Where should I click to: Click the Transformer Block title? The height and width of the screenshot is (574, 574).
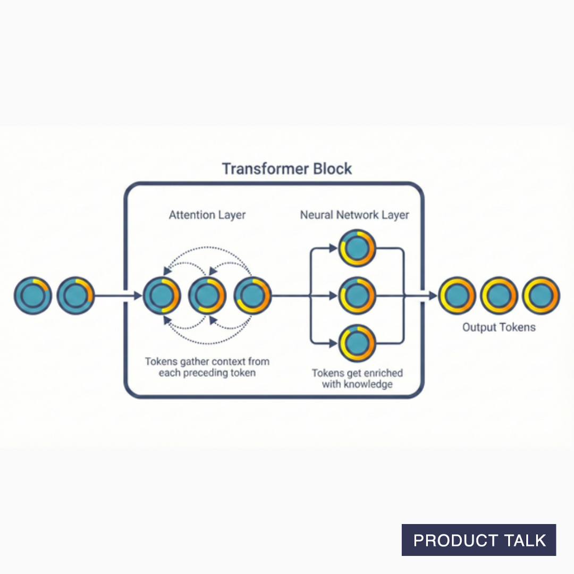[x=287, y=169]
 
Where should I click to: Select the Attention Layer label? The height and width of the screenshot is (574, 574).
[x=207, y=215]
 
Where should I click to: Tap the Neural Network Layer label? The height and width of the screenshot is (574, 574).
[x=354, y=215]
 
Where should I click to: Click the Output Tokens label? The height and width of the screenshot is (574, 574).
[x=499, y=327]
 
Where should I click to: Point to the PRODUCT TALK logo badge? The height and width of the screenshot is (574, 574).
[x=479, y=540]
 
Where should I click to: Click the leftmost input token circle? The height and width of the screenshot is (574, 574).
[x=33, y=296]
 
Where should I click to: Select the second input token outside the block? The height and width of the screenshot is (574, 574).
[x=75, y=296]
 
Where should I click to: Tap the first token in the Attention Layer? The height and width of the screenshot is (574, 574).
[x=162, y=296]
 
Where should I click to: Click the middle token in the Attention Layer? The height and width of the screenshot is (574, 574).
[x=207, y=296]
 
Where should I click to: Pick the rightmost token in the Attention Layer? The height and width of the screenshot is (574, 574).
[x=252, y=296]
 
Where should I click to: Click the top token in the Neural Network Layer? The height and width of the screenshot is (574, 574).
[x=358, y=248]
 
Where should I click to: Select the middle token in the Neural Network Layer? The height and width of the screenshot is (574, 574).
[x=358, y=296]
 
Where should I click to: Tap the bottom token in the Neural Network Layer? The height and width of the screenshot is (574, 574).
[x=358, y=343]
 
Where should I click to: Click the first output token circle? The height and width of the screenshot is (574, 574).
[x=457, y=296]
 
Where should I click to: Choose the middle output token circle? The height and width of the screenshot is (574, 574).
[x=499, y=296]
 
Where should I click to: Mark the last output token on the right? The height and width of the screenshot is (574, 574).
[x=541, y=296]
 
